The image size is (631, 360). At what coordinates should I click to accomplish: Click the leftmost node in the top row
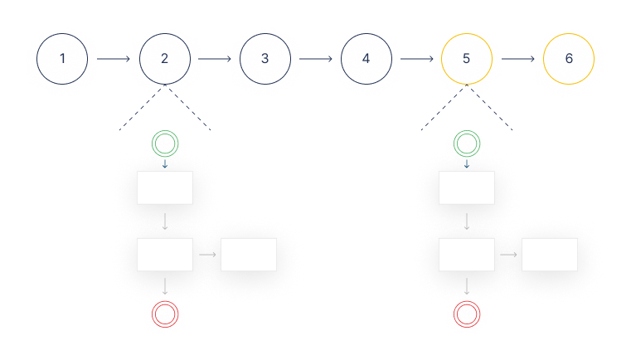(x=61, y=60)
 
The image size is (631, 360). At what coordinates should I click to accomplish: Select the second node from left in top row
(x=166, y=60)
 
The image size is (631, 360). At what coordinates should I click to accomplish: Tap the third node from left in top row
(x=264, y=60)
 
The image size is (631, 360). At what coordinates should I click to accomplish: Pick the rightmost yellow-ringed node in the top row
(x=569, y=59)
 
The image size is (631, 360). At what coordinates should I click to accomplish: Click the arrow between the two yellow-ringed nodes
(x=517, y=59)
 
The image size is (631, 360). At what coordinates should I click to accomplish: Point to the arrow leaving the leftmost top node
(x=114, y=60)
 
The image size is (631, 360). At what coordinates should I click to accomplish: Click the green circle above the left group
(x=165, y=144)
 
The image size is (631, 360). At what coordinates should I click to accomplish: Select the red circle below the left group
(x=165, y=314)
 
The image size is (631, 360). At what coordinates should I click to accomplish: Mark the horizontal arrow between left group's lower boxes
(x=207, y=254)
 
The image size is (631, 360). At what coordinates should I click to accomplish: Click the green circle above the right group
(x=467, y=144)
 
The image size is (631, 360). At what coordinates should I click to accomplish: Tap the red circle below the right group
(x=467, y=314)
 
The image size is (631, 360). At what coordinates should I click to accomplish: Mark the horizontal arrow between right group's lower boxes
(x=508, y=254)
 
